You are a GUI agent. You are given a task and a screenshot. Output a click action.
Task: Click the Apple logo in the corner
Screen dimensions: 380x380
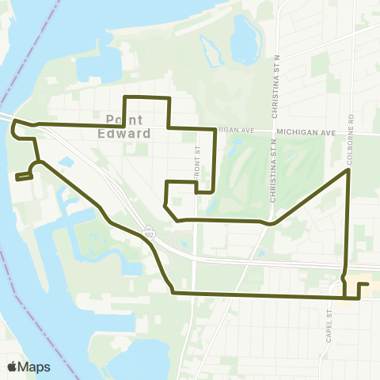click(12, 367)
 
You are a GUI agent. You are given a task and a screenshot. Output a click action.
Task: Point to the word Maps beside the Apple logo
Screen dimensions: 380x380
click(34, 367)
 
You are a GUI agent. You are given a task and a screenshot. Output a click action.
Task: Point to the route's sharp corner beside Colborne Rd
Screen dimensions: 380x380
click(349, 169)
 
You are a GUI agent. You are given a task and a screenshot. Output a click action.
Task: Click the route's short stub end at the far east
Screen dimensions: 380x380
click(367, 283)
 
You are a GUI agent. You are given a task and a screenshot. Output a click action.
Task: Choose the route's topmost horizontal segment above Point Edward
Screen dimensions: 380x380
click(146, 97)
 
